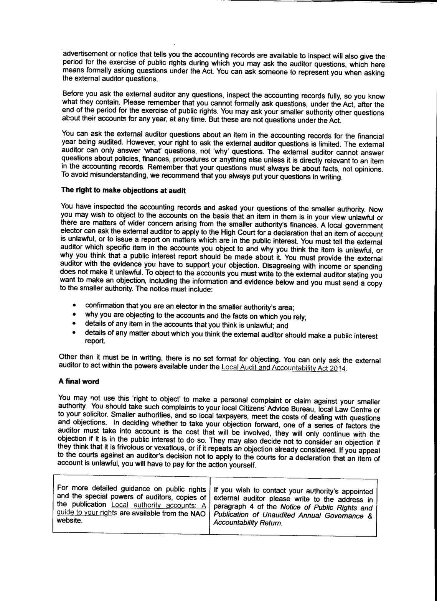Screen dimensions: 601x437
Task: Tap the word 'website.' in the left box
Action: tap(69, 521)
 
